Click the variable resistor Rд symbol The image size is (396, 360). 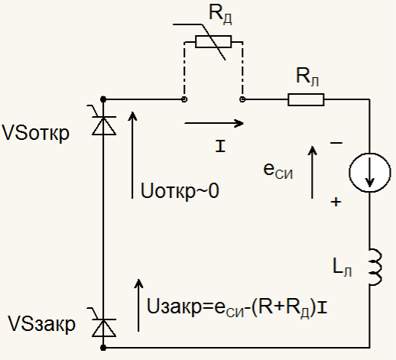point(213,42)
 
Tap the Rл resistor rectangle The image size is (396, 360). point(306,99)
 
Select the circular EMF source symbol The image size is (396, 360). point(369,173)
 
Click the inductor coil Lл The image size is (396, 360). point(375,267)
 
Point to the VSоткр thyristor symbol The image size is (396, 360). point(103,122)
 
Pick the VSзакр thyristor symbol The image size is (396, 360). point(103,325)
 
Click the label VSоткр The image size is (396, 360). point(35,133)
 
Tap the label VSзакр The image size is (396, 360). point(42,324)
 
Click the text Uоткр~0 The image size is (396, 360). point(180,190)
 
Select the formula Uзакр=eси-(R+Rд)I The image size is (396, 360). point(237,307)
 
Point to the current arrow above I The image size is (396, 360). point(214,123)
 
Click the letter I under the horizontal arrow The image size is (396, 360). point(220,146)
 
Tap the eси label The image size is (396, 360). point(278,170)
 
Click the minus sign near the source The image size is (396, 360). point(336,143)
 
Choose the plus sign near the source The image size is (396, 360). point(336,202)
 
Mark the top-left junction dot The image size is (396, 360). point(103,99)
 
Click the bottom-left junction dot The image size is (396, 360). point(103,348)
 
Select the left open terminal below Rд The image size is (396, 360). point(184,99)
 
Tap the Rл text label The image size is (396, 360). point(307,76)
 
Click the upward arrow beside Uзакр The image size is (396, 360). point(138,305)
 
